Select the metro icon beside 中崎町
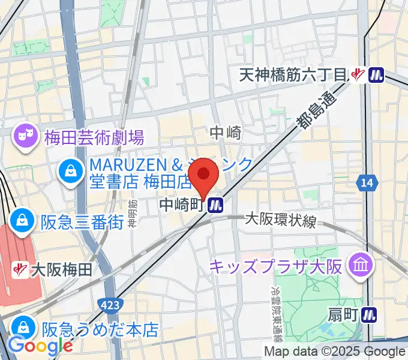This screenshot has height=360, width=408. pos(215,206)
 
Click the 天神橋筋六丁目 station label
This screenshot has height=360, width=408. pos(293,74)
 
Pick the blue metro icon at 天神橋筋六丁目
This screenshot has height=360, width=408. pos(376,74)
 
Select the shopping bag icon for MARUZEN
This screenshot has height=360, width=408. pos(71,172)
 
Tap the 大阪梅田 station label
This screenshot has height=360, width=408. pos(62,269)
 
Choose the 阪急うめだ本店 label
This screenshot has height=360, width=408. pos(100,329)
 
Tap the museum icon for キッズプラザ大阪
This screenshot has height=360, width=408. pos(362,265)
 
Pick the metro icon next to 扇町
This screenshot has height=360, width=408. pos(370,313)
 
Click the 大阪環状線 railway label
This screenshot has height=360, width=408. pos(280,220)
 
